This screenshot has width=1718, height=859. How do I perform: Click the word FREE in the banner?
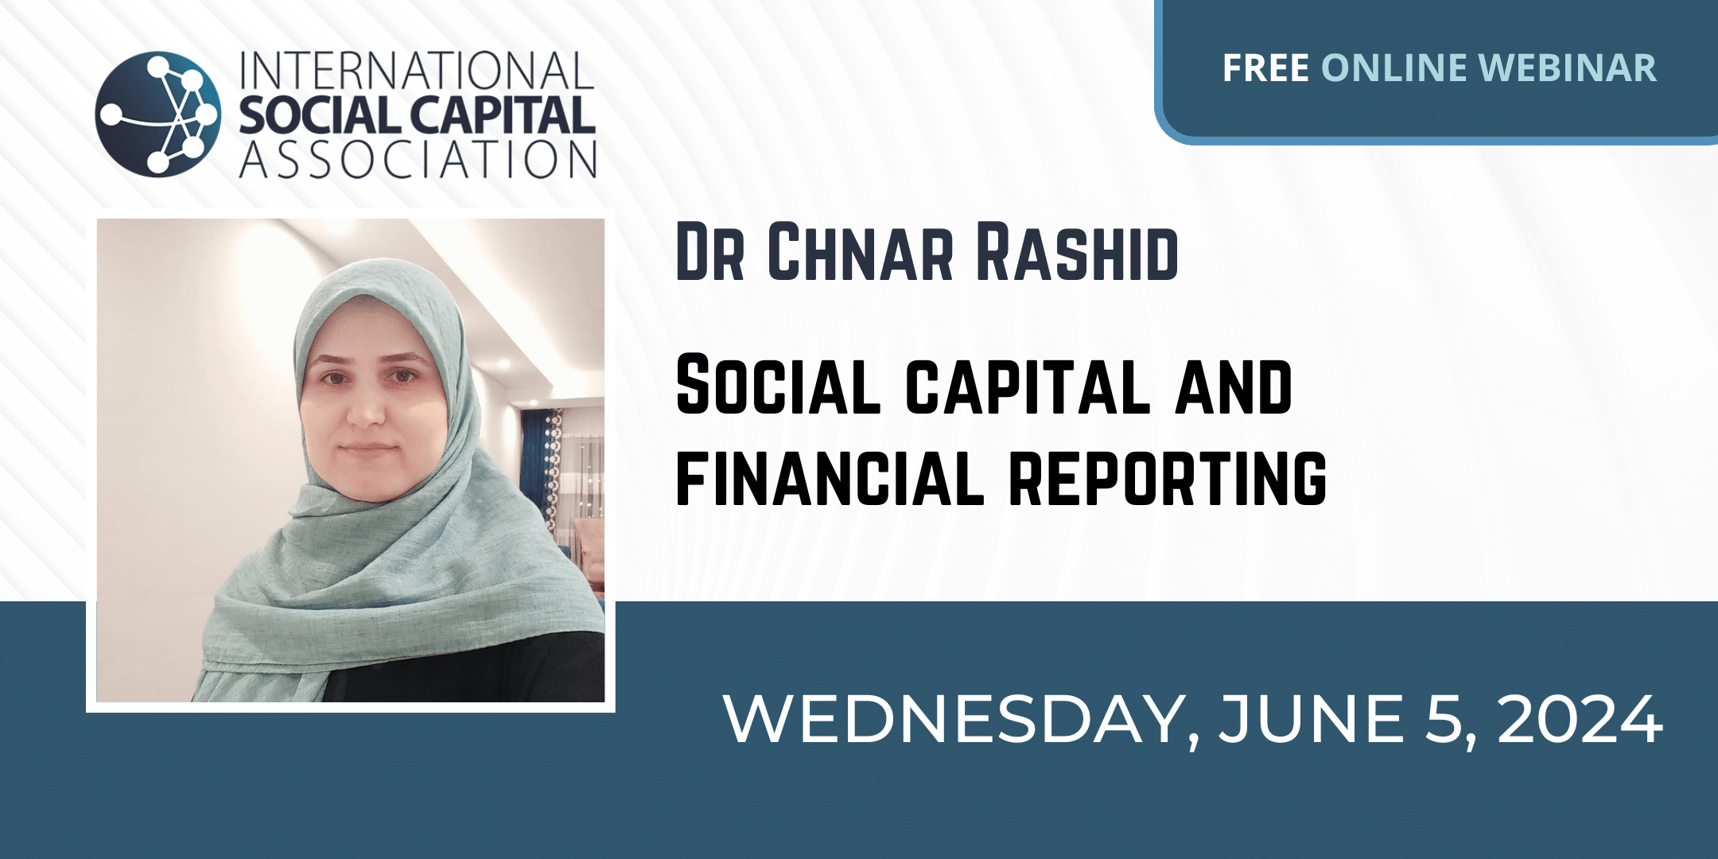coord(1265,68)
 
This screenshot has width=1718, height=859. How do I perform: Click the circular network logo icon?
coord(158,113)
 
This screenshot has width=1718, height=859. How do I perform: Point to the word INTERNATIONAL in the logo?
coord(417,72)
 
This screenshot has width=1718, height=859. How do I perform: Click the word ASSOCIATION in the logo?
coord(418,158)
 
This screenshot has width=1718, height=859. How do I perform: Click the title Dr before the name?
coord(710,253)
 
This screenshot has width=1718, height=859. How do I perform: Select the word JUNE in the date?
coord(1312,719)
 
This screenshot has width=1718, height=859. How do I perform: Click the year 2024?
coord(1580,719)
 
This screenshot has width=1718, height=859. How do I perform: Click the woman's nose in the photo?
coord(367,406)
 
